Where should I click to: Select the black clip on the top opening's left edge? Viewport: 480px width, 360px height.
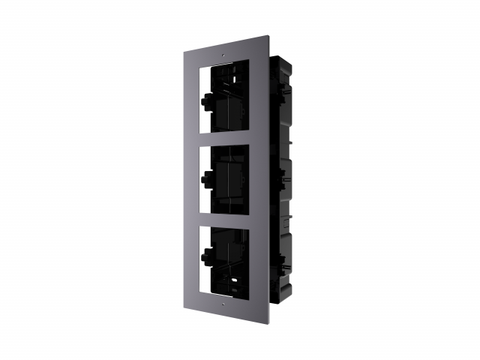coord(205,101)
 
